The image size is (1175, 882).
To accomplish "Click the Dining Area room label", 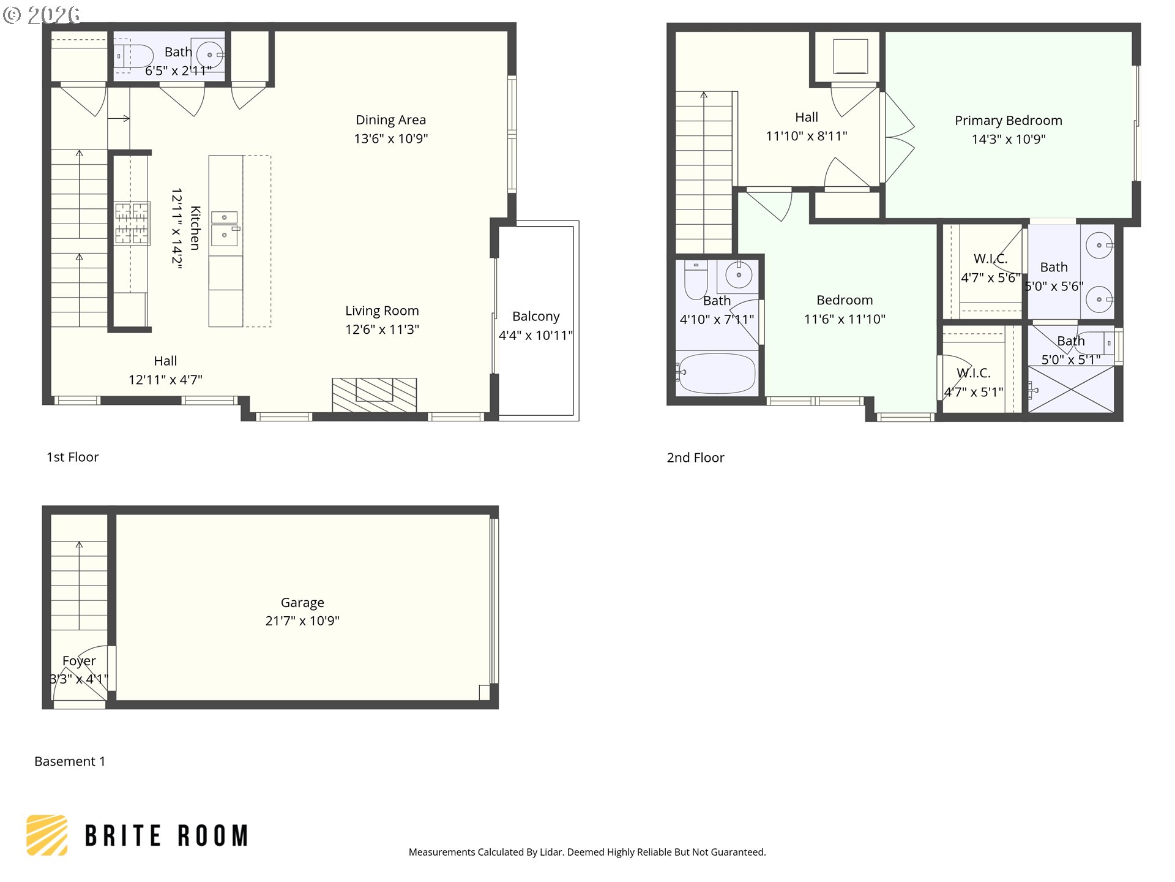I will click(390, 120).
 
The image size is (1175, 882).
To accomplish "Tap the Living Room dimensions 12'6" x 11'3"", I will click(382, 330).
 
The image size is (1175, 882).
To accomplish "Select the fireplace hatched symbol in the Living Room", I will click(374, 394).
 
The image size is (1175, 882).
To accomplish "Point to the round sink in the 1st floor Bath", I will click(210, 55).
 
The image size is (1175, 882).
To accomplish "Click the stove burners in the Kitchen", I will click(132, 223).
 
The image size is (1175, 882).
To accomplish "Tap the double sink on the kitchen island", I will click(225, 226).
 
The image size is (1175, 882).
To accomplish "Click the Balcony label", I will click(535, 317).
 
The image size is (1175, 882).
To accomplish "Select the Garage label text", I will click(302, 603).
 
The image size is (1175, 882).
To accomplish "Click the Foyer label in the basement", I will click(79, 661).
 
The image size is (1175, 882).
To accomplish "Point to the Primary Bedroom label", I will click(1008, 121).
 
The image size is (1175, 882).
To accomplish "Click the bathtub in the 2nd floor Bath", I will click(716, 372).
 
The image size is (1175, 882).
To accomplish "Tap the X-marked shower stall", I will click(1071, 389).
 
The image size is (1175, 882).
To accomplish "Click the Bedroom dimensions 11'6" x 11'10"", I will click(845, 319).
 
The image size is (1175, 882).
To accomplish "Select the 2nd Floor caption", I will click(695, 458).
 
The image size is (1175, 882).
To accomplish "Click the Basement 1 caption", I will click(70, 761).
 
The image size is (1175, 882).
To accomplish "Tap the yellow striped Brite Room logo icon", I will click(47, 835).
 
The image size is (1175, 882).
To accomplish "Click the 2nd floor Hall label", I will click(806, 117).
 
